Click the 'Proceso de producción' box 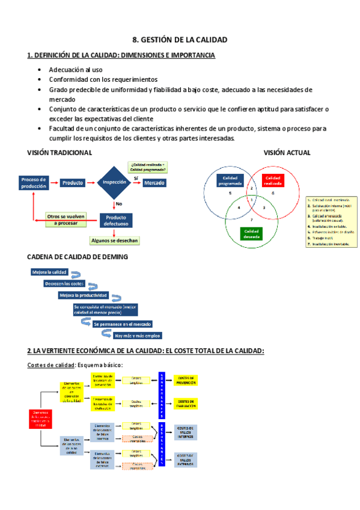pyautogui.click(x=34, y=183)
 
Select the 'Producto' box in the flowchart pyautogui.click(x=73, y=182)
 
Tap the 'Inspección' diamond pyautogui.click(x=114, y=182)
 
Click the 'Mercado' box pyautogui.click(x=154, y=182)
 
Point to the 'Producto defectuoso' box pyautogui.click(x=116, y=220)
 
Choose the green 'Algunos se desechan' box pyautogui.click(x=114, y=241)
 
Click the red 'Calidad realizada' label pyautogui.click(x=273, y=180)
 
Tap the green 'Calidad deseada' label pyautogui.click(x=251, y=233)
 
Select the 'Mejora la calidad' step pyautogui.click(x=49, y=272)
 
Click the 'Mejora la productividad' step pyautogui.click(x=83, y=295)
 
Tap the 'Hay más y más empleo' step pyautogui.click(x=137, y=336)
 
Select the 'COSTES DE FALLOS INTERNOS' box pyautogui.click(x=186, y=432)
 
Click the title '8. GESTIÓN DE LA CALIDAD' pyautogui.click(x=180, y=40)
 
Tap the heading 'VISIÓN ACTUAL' pyautogui.click(x=287, y=153)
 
